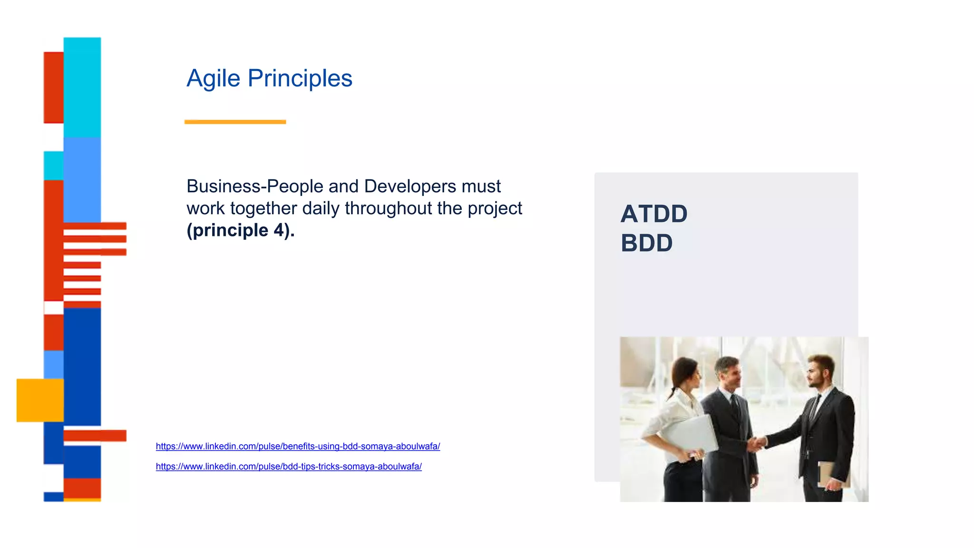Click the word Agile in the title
point(213,78)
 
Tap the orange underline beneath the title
point(235,122)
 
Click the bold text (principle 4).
point(240,230)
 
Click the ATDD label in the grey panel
point(654,214)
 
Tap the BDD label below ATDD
point(646,243)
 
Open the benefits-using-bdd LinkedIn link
point(298,446)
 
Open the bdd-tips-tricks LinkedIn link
point(289,467)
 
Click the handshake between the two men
point(758,443)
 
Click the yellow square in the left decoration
point(40,400)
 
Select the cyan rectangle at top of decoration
point(82,87)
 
